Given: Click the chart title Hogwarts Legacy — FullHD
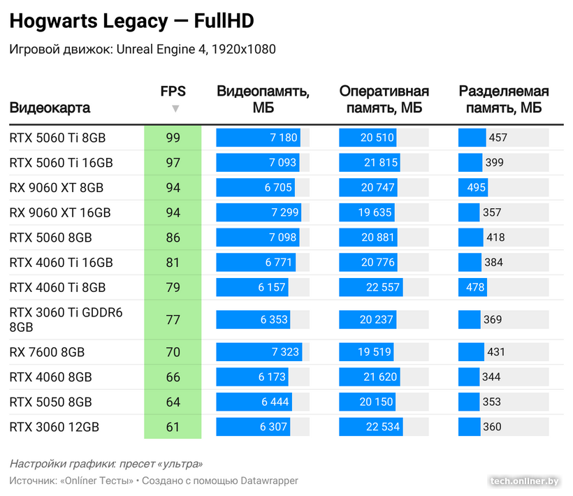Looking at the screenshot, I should coord(131,22).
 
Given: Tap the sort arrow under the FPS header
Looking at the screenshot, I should coord(175,108).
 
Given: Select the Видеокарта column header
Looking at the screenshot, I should coord(50,108).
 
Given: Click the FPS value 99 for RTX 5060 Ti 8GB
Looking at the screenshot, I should coord(173,138).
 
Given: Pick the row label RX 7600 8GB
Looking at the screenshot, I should coord(50,352).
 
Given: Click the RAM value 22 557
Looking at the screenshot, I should coord(382,287).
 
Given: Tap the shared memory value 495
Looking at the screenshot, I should coord(477,188).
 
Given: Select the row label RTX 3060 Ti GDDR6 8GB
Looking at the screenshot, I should coord(66,319).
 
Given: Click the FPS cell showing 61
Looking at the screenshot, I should coord(173,427).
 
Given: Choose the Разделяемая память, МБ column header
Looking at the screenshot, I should coord(503,99).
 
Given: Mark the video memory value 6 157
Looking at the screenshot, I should coord(273,287).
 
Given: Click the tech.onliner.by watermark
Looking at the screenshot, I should coord(525,481).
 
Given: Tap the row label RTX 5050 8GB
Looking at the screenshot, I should coord(50,402).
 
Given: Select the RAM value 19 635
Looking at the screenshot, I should coord(377,212).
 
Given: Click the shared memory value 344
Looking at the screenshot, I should coord(491,377).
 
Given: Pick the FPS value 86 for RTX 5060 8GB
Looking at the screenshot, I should coord(173,238).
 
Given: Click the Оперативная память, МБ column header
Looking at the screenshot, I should coord(384,99).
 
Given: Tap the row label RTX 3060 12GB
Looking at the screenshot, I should coord(55,427).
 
